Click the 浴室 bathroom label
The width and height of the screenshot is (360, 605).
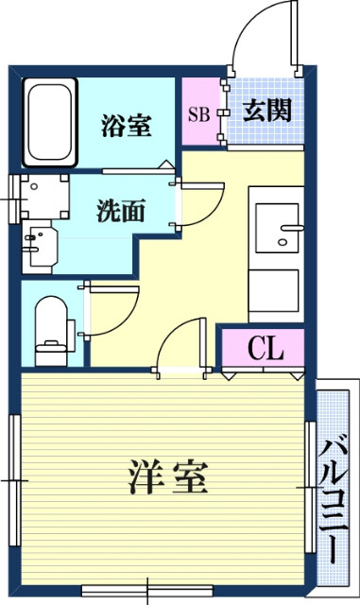point(126,126)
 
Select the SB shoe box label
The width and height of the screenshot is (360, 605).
point(199,115)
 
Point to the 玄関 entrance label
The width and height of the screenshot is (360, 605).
point(266,111)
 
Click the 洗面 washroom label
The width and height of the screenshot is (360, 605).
point(120,211)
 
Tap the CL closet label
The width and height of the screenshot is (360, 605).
point(266,350)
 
